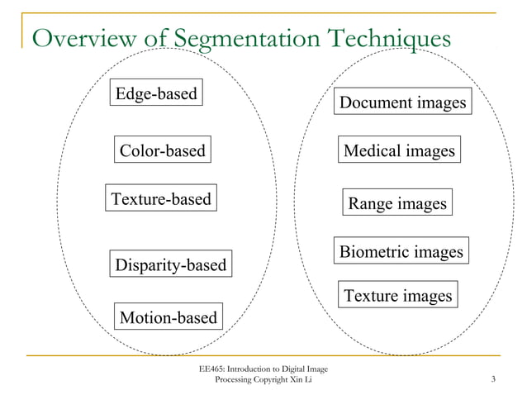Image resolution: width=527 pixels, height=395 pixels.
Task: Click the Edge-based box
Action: point(156,93)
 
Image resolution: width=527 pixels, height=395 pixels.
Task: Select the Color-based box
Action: point(162,151)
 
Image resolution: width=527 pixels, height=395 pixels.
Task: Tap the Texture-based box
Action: point(161,199)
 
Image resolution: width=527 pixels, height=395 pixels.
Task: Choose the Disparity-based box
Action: point(170,265)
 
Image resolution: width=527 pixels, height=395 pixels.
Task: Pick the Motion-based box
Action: point(169,317)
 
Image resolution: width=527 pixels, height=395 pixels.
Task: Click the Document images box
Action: point(403,103)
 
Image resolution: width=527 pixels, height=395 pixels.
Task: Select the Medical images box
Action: point(399,151)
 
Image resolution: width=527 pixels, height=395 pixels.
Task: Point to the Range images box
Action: point(397,203)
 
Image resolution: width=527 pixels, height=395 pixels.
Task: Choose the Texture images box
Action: point(398,295)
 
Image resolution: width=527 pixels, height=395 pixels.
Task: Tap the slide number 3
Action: point(492,379)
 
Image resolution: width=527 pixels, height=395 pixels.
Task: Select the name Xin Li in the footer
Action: point(301,379)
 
